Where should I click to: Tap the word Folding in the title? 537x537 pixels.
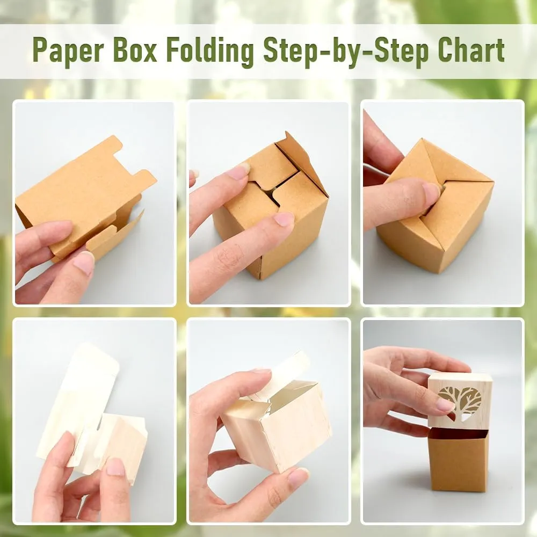click(210, 52)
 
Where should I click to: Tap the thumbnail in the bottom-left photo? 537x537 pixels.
click(117, 467)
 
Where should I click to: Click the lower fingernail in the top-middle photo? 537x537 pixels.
click(284, 220)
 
